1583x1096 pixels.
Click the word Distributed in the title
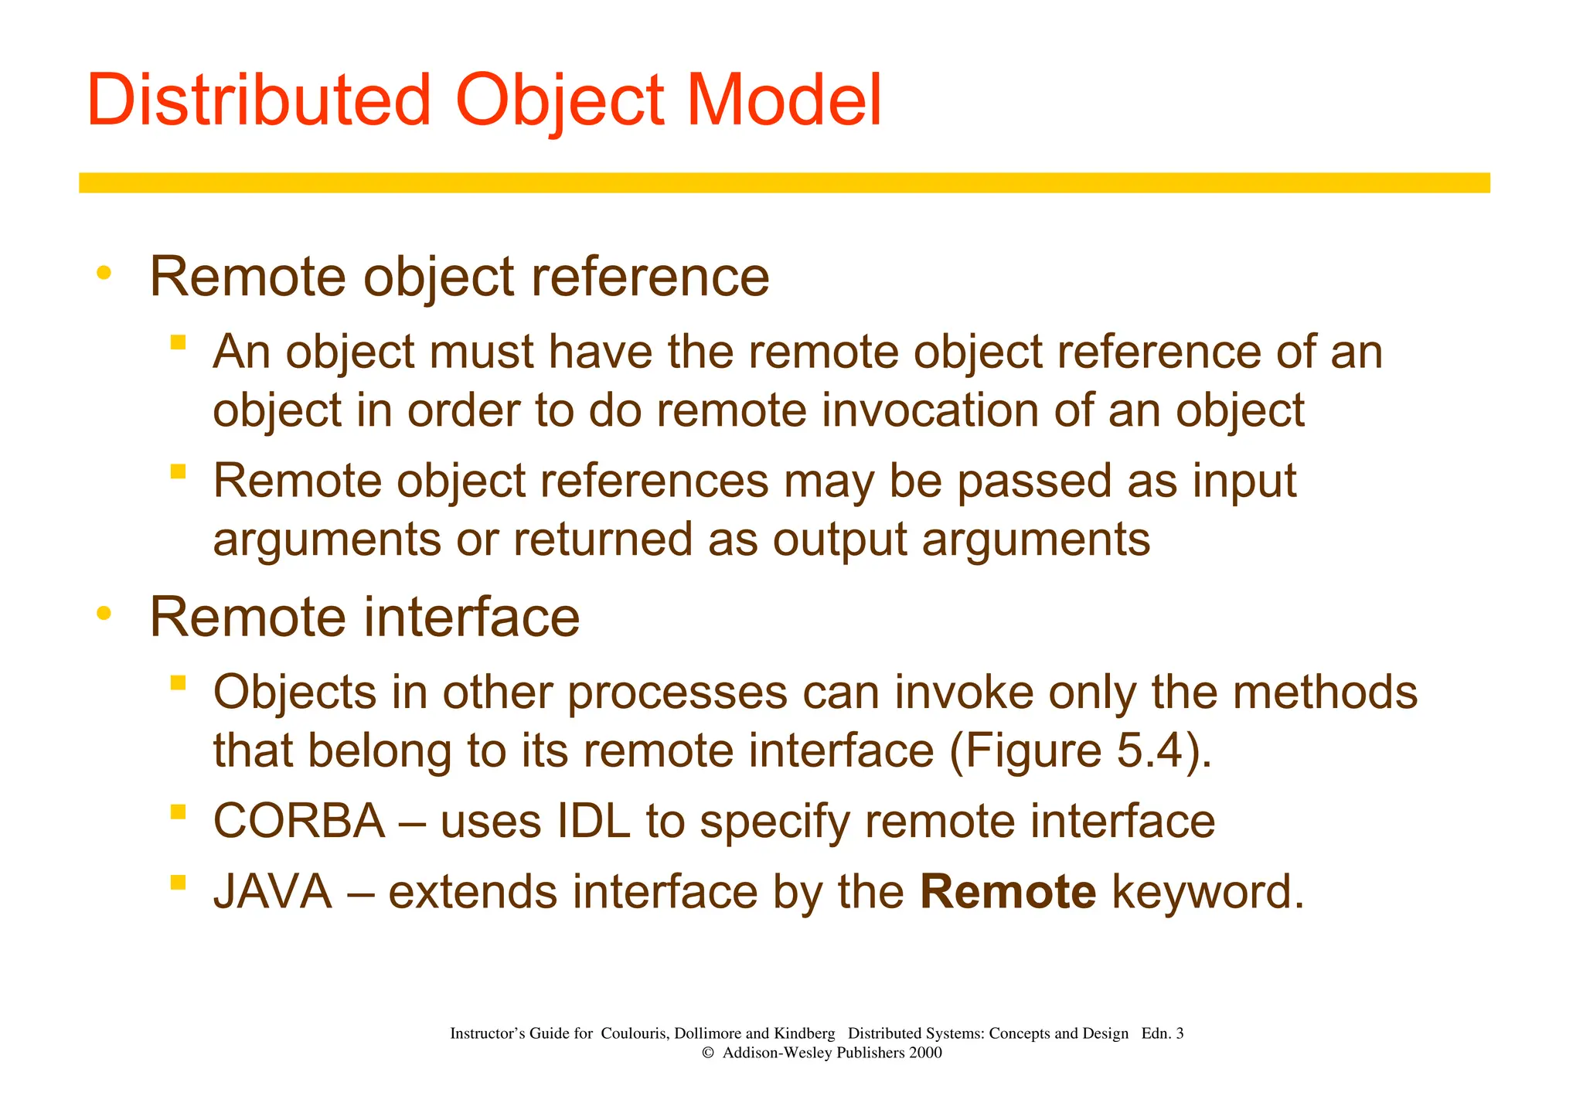tap(258, 100)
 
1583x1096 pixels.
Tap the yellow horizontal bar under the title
tap(784, 182)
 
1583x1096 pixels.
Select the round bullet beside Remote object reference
tap(104, 272)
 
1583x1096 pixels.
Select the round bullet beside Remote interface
tap(104, 614)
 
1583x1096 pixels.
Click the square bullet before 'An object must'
tap(179, 342)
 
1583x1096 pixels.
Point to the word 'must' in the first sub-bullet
tap(481, 352)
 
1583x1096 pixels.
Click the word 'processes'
tap(678, 692)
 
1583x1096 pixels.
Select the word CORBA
tap(299, 821)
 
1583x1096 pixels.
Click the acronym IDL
tap(594, 821)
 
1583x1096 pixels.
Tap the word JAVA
tap(273, 891)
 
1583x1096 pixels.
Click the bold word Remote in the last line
tap(1008, 891)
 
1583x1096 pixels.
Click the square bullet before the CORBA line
tap(179, 812)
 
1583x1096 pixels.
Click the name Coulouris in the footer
tap(632, 1033)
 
